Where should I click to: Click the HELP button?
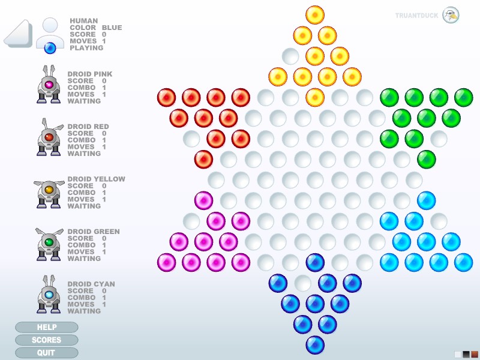tap(47, 327)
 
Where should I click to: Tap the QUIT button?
tap(47, 353)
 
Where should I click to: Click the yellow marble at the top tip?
tap(315, 14)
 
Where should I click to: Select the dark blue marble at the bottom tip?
tap(315, 345)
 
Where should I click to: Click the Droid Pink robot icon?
tap(49, 85)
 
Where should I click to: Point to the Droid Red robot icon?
tap(49, 137)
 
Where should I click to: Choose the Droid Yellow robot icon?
tap(49, 191)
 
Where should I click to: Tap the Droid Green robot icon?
tap(49, 244)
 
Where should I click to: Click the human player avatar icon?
tap(50, 35)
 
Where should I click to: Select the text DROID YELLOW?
tap(96, 179)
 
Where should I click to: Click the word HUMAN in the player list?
tap(83, 21)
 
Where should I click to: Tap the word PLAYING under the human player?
tap(86, 48)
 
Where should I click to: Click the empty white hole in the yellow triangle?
tap(290, 56)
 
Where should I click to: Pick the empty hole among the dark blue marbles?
tap(303, 283)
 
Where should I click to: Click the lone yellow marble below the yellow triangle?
tap(315, 97)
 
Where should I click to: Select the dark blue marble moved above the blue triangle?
tap(315, 262)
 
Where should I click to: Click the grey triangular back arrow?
tap(19, 34)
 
